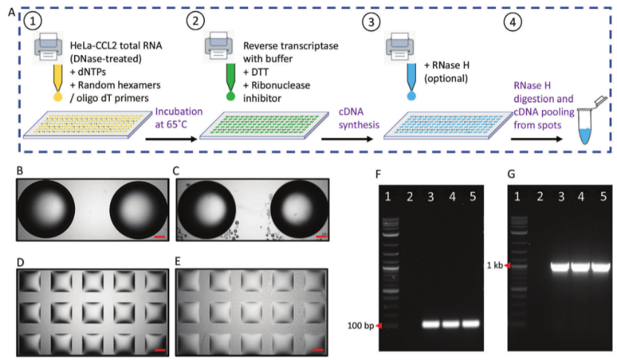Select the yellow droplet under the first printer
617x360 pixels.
pos(56,96)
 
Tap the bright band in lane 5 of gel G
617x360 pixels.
pos(598,266)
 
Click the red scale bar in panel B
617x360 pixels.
pos(160,238)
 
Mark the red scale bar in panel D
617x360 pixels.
pos(160,347)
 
